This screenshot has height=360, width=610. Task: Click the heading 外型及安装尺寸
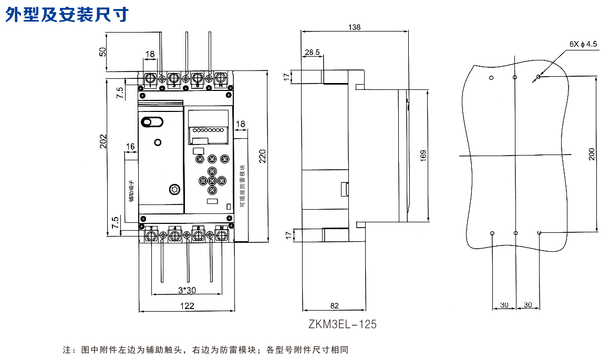67,15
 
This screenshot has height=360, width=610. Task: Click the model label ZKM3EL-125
343,324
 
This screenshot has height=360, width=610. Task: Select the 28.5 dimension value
312,52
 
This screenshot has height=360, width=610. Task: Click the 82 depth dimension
335,305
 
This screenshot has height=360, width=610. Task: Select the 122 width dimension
187,305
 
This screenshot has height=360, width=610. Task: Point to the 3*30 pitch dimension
187,290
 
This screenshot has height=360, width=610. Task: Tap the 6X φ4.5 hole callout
583,44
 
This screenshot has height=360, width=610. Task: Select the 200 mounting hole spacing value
592,154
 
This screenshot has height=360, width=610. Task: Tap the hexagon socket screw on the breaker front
174,190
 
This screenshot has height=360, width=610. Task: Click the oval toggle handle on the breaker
151,122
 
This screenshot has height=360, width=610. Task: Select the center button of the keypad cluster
212,180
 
